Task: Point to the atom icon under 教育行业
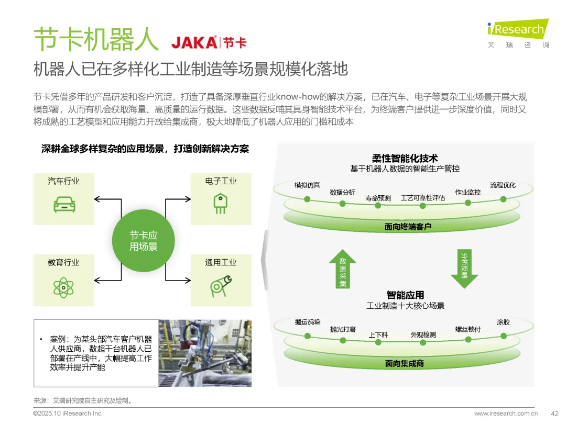63,287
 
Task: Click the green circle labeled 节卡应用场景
143,241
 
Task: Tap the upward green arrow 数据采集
342,269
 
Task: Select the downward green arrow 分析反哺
464,267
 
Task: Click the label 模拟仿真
307,185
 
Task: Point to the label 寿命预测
378,198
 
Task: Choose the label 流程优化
503,185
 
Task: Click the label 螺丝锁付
468,329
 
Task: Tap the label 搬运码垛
307,322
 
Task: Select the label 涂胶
503,322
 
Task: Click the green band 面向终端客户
404,227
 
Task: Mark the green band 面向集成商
404,363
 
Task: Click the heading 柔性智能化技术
405,158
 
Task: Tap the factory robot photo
205,353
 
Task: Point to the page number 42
554,413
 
